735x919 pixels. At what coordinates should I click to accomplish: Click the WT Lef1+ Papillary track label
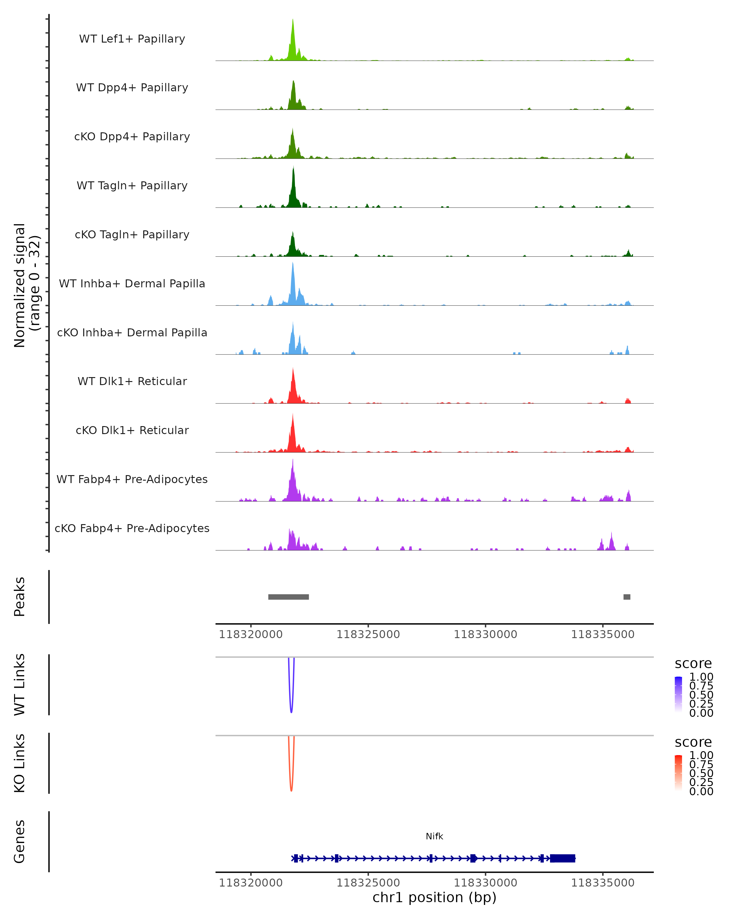pyautogui.click(x=132, y=39)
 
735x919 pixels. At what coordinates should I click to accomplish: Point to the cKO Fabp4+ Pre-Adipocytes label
pyautogui.click(x=132, y=528)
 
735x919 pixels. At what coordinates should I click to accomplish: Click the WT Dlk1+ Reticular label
pyautogui.click(x=132, y=381)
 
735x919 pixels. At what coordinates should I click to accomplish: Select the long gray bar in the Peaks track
pyautogui.click(x=288, y=597)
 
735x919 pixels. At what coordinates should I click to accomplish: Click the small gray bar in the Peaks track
pyautogui.click(x=627, y=597)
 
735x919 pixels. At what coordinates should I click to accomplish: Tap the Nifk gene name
pyautogui.click(x=434, y=836)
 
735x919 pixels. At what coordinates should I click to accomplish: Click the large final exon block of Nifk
pyautogui.click(x=563, y=858)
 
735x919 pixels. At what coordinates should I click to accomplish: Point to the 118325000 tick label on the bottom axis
pyautogui.click(x=368, y=883)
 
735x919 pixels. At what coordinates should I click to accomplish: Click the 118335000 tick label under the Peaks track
pyautogui.click(x=602, y=634)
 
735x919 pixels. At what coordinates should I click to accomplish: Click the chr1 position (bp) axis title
pyautogui.click(x=434, y=898)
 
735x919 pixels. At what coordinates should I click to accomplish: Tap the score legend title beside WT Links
pyautogui.click(x=693, y=664)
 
